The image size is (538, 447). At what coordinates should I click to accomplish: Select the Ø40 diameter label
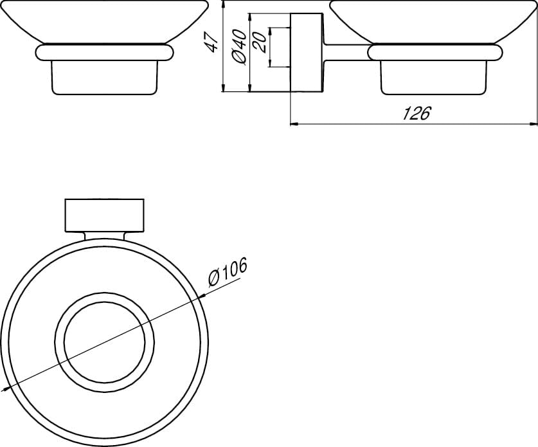239,46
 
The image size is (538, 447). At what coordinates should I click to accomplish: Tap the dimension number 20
260,42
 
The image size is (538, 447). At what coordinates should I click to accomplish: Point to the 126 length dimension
416,113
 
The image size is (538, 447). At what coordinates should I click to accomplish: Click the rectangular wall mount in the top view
105,215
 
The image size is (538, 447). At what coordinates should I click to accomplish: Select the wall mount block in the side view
307,53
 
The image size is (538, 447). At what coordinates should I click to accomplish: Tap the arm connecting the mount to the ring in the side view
346,53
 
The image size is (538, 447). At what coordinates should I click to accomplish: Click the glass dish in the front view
104,22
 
